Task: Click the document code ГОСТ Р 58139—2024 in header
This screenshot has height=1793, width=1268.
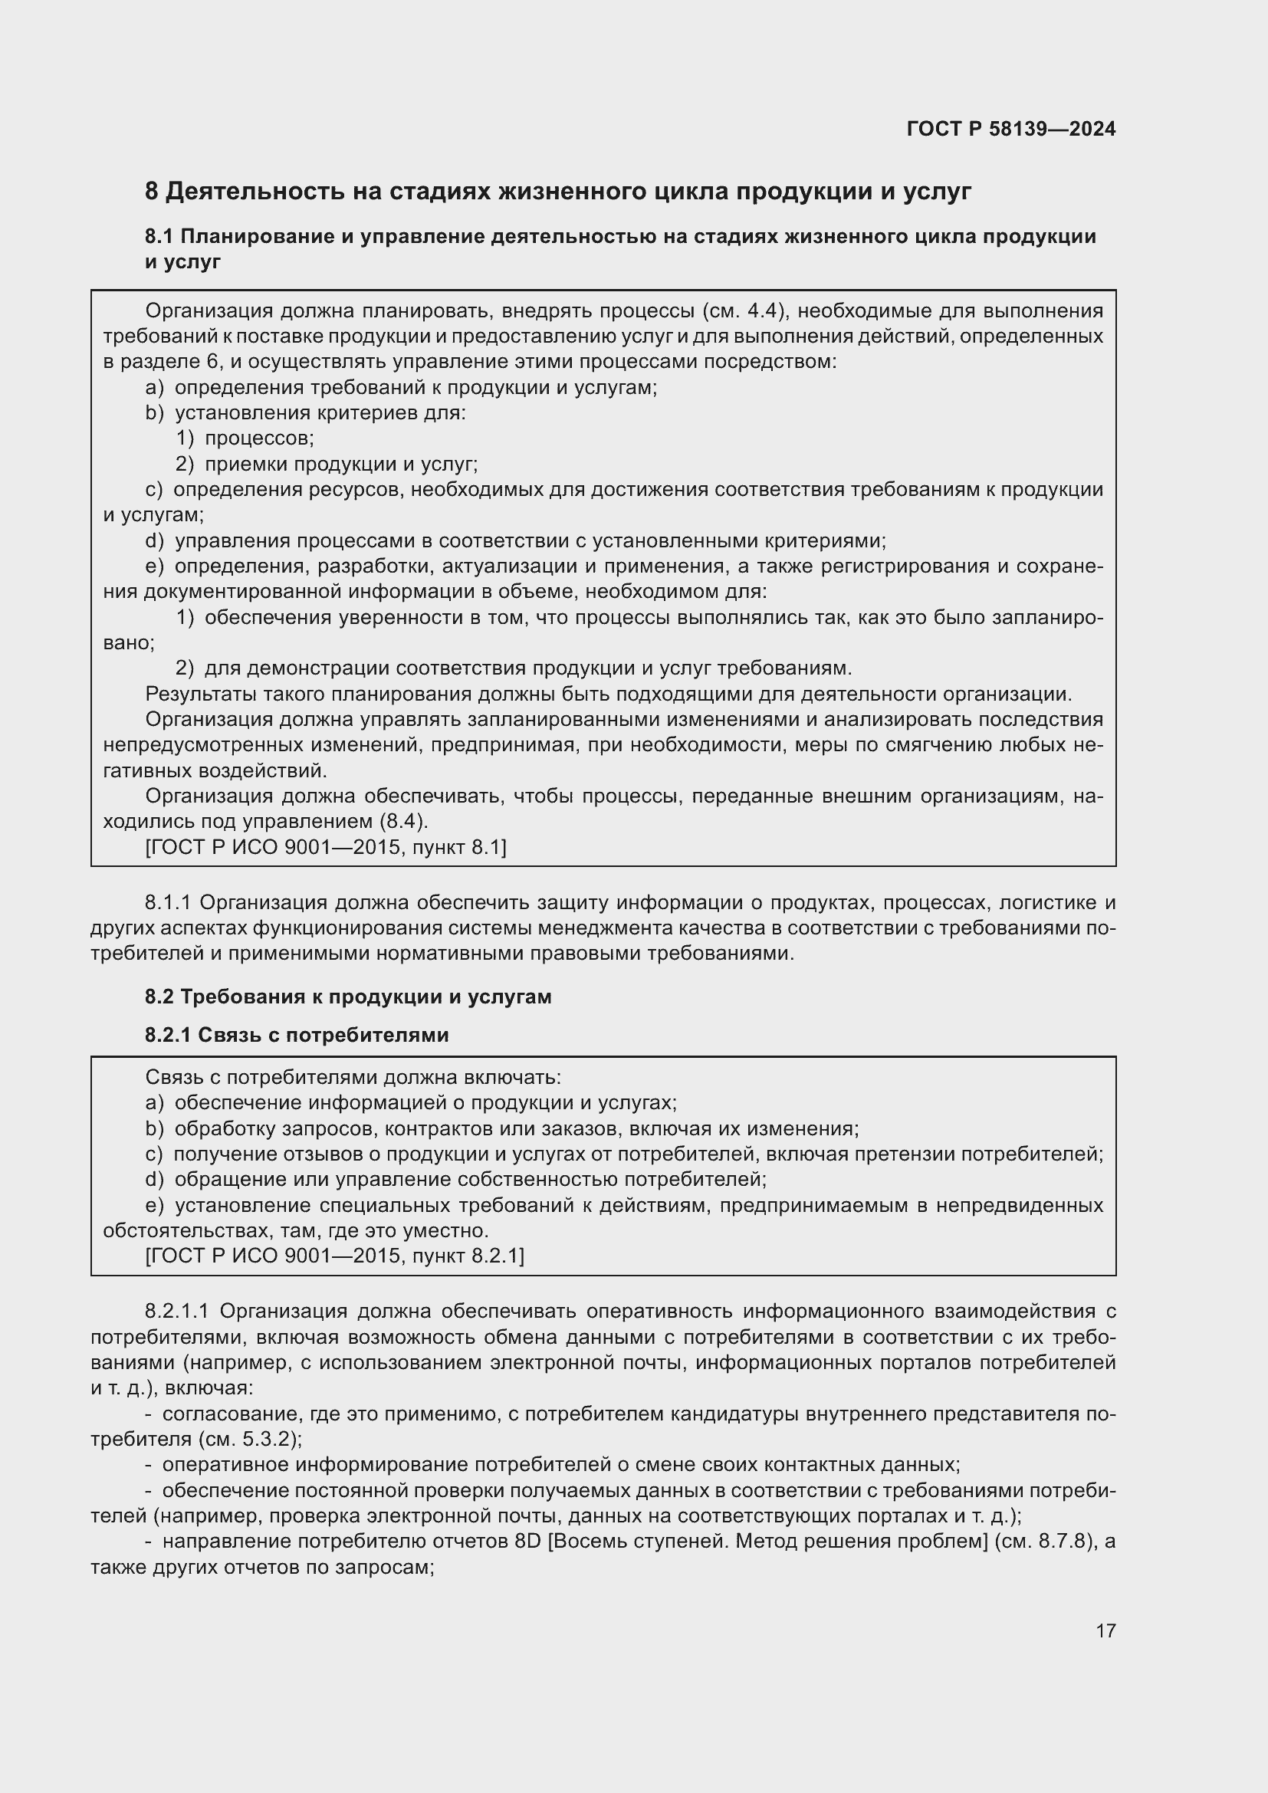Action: (x=1010, y=129)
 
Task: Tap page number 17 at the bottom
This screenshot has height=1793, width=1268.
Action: (x=1105, y=1630)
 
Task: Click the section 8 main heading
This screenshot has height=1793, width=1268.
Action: (x=557, y=192)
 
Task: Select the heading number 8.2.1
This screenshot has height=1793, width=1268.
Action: (x=168, y=1035)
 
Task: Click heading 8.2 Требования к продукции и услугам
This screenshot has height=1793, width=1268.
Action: (x=347, y=997)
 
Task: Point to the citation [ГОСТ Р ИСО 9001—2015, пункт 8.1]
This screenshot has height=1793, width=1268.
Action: (x=326, y=847)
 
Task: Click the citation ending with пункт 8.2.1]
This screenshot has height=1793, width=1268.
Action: (x=334, y=1256)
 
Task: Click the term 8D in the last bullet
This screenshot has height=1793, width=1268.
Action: (x=529, y=1542)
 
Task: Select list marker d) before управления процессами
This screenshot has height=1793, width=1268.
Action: (x=154, y=540)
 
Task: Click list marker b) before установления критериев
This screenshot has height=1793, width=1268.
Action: (x=154, y=413)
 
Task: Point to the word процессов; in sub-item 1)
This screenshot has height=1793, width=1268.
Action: (x=259, y=438)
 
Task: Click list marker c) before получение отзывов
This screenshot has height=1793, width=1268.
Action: (x=154, y=1154)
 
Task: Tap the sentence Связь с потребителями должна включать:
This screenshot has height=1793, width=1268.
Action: (x=353, y=1078)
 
